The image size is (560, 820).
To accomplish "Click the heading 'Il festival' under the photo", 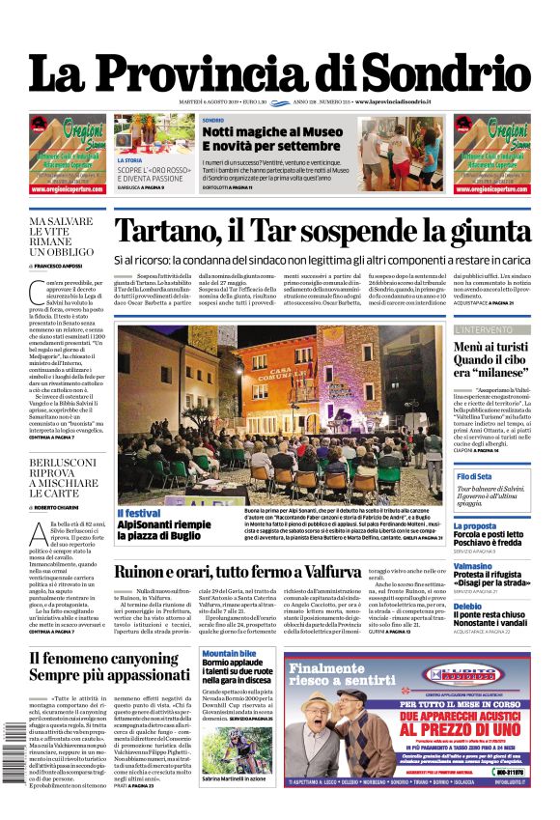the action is click(x=139, y=512).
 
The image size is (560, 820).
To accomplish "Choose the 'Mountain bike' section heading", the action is click(x=229, y=654).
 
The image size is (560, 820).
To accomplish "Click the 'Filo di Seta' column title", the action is click(x=474, y=476).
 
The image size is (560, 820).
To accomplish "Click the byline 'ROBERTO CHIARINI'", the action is click(x=60, y=507).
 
